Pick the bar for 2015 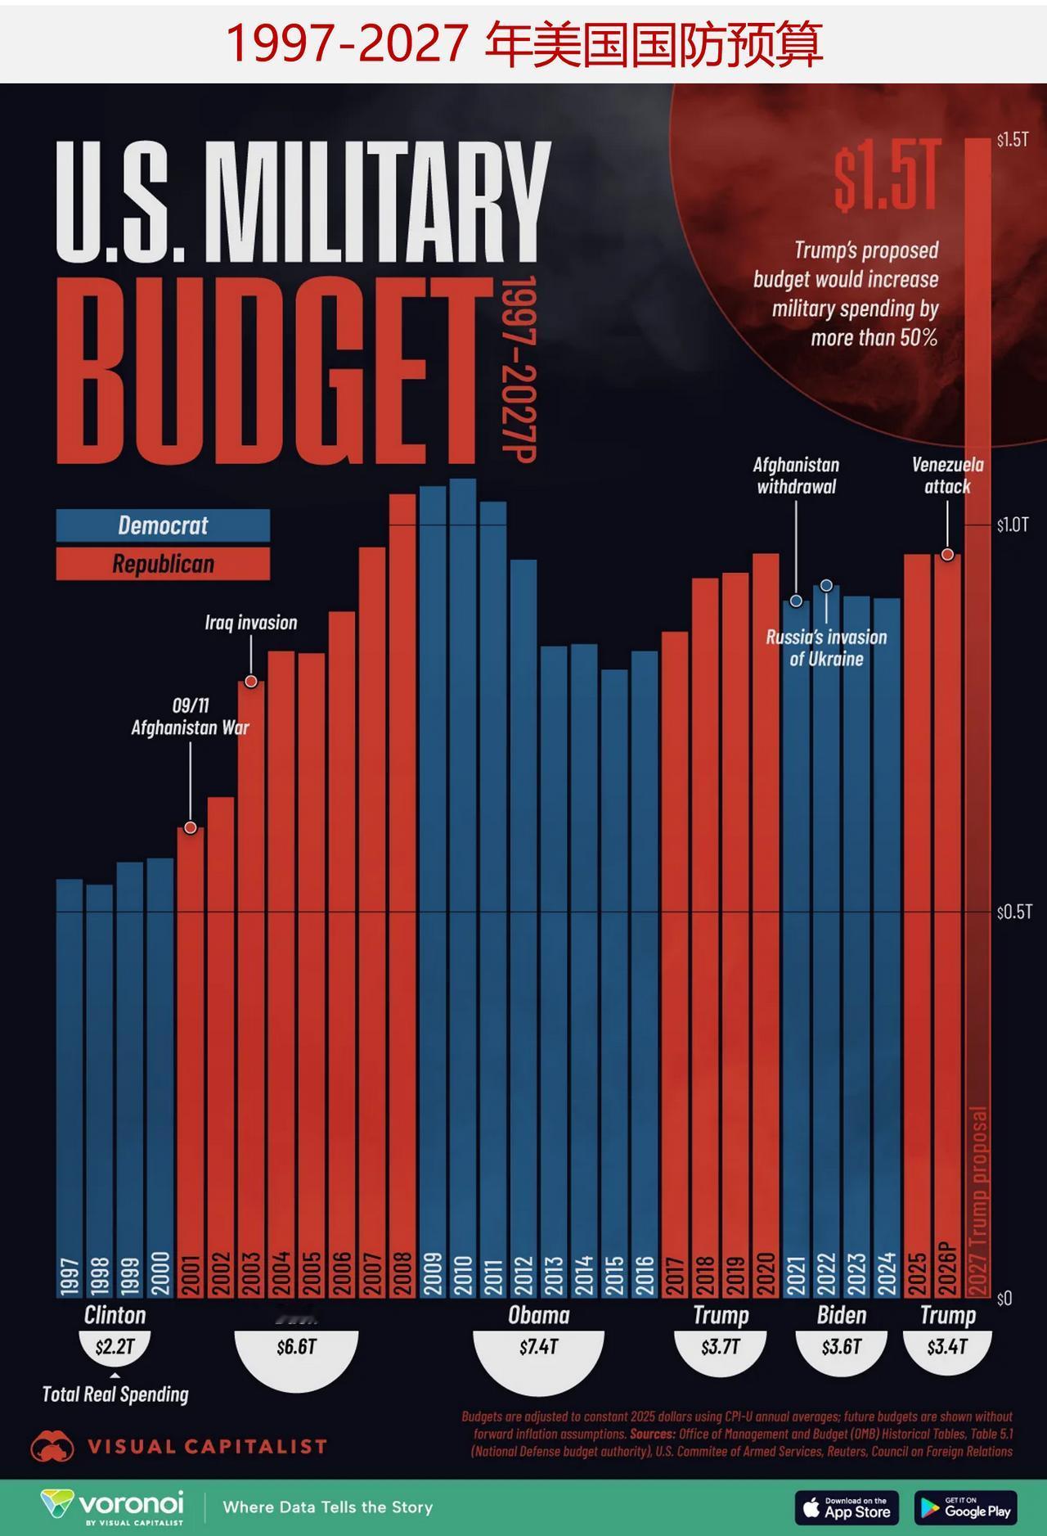tap(614, 982)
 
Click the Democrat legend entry tap(163, 525)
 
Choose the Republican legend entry tap(163, 564)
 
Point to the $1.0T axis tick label tap(1013, 525)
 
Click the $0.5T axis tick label tap(1013, 912)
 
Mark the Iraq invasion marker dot tap(251, 682)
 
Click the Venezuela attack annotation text tap(947, 475)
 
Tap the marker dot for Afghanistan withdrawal tap(796, 601)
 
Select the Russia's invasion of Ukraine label tap(826, 648)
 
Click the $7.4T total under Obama tap(538, 1347)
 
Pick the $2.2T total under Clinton tap(115, 1347)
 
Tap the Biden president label tap(841, 1315)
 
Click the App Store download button tap(847, 1507)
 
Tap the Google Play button tap(966, 1507)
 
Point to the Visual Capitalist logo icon tap(52, 1447)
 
